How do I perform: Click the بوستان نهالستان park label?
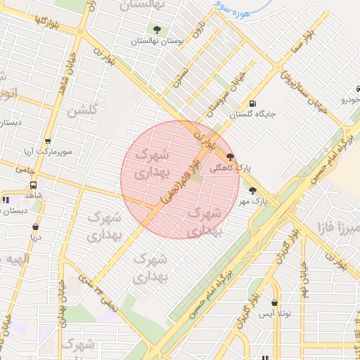(157, 41)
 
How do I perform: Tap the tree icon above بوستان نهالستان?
(157, 30)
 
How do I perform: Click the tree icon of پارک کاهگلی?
(231, 157)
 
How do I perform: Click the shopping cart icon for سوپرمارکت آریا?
(47, 141)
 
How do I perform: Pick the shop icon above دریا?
(35, 227)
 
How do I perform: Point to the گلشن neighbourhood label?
(82, 110)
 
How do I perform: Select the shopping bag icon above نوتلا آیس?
(274, 303)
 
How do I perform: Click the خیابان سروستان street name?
(226, 96)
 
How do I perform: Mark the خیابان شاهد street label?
(72, 70)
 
